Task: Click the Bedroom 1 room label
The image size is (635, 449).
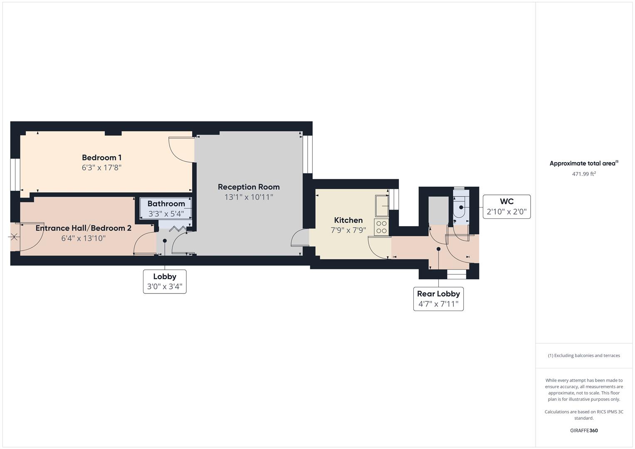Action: click(x=101, y=158)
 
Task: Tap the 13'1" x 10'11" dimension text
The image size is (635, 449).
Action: click(x=248, y=197)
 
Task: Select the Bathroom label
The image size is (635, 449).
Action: click(x=166, y=204)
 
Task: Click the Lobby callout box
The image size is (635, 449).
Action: click(x=165, y=281)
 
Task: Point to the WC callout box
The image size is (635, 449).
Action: click(x=507, y=207)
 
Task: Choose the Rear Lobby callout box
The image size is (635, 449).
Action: click(x=438, y=299)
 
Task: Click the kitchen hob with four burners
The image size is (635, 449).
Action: click(x=381, y=227)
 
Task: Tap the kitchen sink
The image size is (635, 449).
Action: click(x=382, y=205)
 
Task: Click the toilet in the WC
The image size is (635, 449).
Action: click(x=460, y=207)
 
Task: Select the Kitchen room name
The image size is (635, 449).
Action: click(x=348, y=220)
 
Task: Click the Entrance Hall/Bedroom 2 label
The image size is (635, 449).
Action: click(x=83, y=228)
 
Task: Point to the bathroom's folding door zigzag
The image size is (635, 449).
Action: click(x=178, y=229)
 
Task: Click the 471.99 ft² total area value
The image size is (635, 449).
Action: click(x=583, y=174)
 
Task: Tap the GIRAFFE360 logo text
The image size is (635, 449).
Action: click(x=583, y=430)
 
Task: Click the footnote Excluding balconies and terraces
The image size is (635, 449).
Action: click(x=583, y=355)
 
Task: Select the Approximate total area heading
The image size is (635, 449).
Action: click(x=583, y=163)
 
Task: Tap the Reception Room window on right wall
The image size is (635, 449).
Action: click(x=307, y=154)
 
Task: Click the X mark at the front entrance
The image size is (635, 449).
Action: click(x=14, y=237)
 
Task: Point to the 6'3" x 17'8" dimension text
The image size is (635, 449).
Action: click(x=101, y=168)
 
